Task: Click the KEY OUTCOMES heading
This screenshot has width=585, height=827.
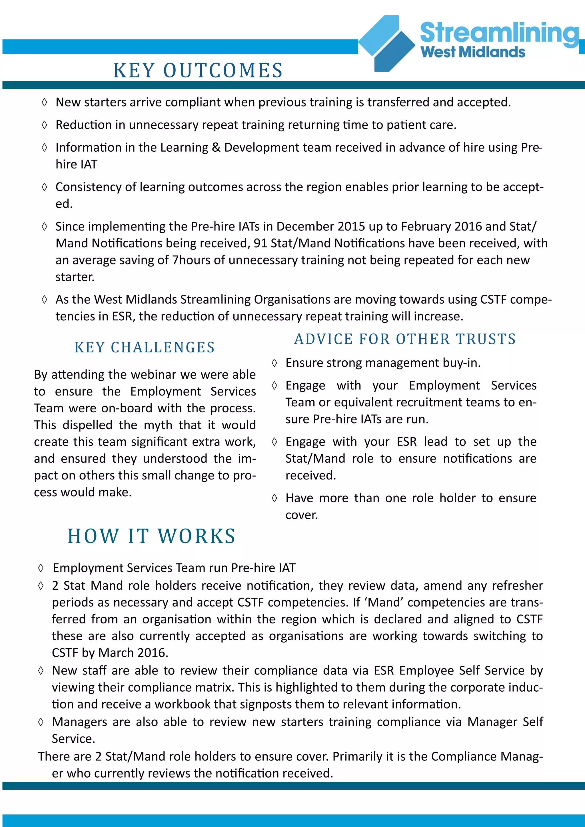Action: click(198, 70)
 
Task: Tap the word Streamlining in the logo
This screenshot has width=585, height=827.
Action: click(499, 33)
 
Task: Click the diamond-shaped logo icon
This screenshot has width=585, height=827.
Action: click(387, 43)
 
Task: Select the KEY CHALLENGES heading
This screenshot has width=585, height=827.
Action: click(145, 348)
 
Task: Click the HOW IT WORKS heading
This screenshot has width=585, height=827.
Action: click(152, 536)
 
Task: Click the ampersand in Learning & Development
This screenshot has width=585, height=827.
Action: click(216, 148)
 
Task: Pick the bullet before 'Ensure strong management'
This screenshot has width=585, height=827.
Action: click(275, 363)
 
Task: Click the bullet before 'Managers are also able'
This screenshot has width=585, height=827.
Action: click(41, 722)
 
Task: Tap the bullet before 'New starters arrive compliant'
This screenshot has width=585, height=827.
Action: click(44, 102)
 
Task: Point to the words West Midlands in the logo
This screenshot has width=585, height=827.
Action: click(473, 53)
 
